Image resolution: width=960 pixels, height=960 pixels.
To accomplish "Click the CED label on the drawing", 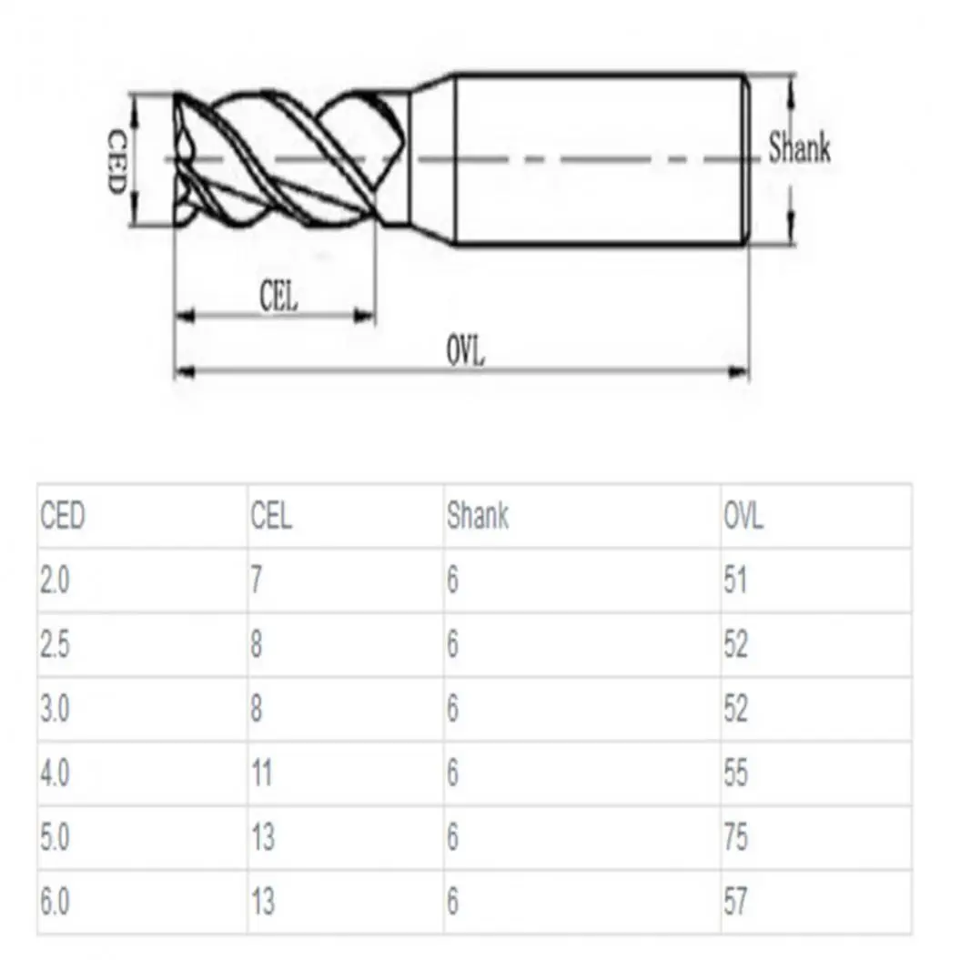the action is click(x=116, y=161).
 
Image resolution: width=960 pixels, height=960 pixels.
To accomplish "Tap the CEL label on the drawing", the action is click(x=278, y=297).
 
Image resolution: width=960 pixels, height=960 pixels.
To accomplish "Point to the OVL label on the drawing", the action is click(x=465, y=351).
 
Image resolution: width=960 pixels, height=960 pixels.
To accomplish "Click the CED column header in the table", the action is click(x=63, y=516).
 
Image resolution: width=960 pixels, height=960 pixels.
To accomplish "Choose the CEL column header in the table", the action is click(x=271, y=516).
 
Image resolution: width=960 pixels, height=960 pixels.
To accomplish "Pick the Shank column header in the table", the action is click(x=478, y=516).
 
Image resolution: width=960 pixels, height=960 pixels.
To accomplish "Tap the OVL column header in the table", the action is click(x=743, y=516).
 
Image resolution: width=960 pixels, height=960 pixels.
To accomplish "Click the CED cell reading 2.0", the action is click(x=56, y=580).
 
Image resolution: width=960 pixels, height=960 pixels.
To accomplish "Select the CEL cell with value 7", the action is click(x=257, y=580).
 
